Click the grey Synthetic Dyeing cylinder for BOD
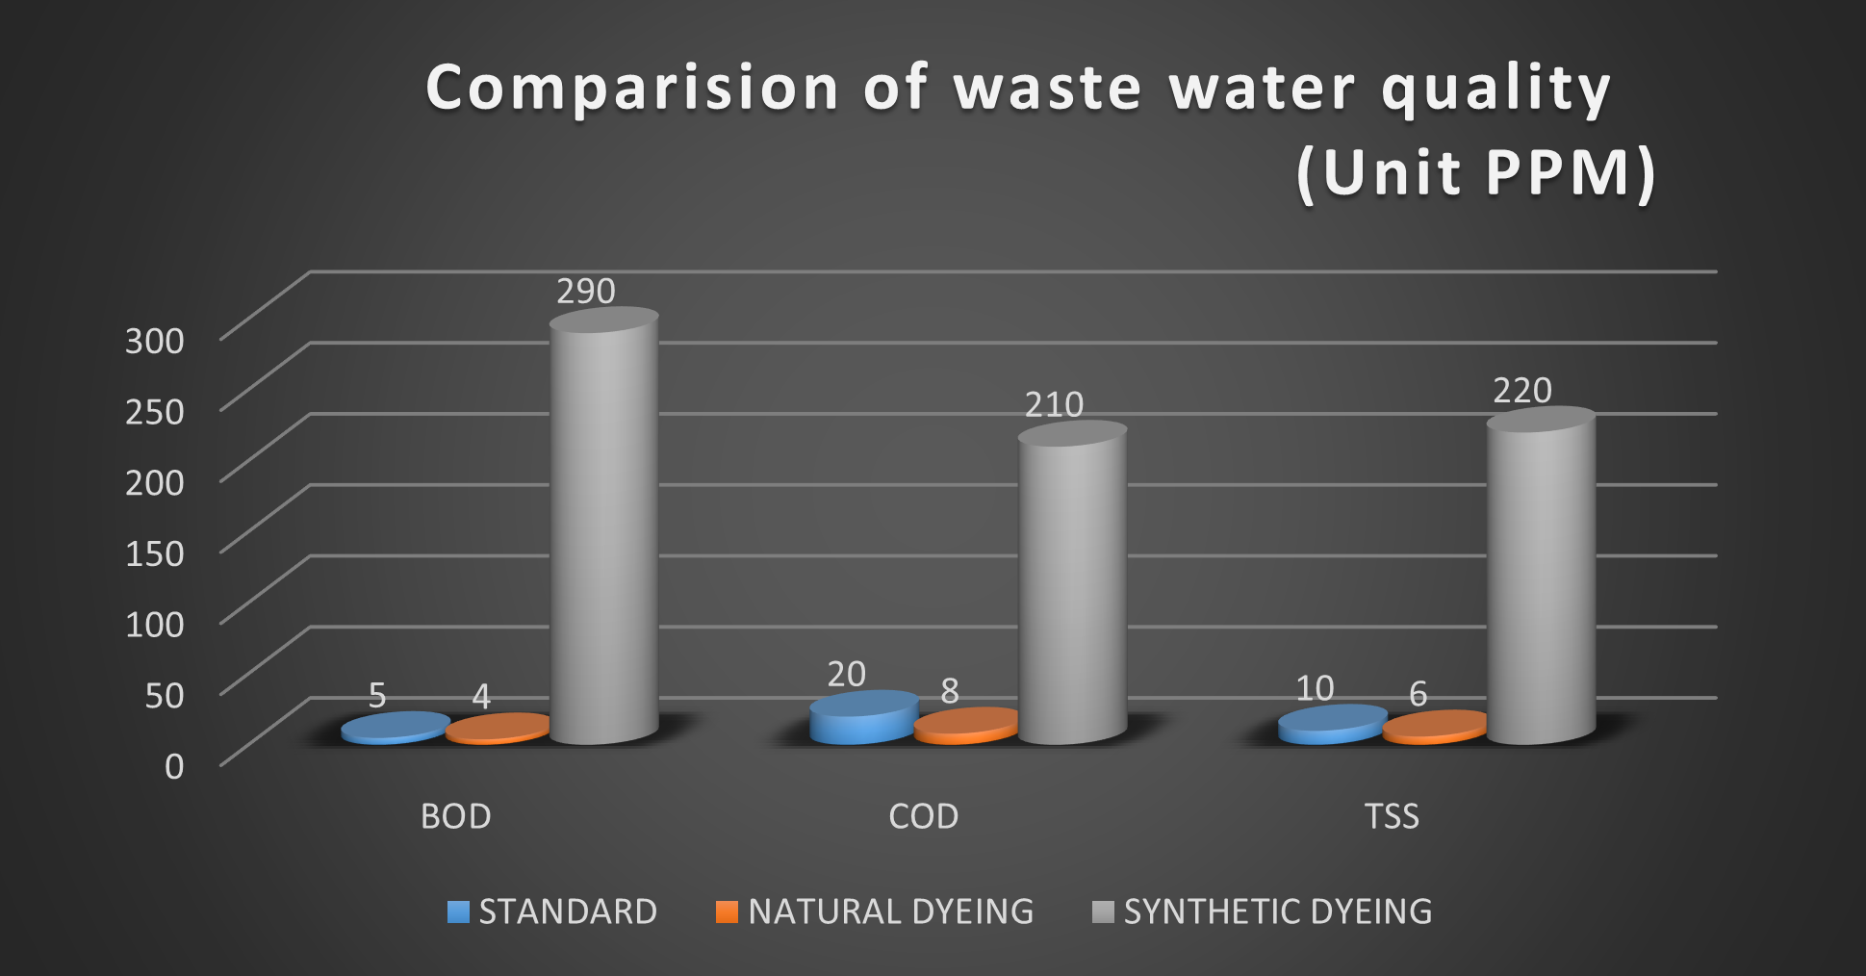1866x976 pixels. (x=604, y=529)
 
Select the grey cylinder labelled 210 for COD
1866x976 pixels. (x=1072, y=587)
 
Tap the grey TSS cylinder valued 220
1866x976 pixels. (x=1541, y=578)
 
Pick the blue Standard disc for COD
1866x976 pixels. (x=863, y=718)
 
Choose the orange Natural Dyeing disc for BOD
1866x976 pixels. (x=497, y=729)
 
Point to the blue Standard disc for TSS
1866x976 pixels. (x=1332, y=725)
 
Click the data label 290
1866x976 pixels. (x=586, y=291)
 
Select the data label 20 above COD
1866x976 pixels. (x=847, y=674)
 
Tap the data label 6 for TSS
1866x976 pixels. (x=1418, y=693)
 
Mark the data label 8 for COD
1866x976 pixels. (x=950, y=690)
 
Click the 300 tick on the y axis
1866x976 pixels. (x=154, y=341)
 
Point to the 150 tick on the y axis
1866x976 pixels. (x=154, y=553)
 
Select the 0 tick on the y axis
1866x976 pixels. (x=174, y=766)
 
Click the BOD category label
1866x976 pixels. (x=456, y=816)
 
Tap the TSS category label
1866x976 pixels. (x=1392, y=816)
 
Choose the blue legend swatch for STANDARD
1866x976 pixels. (x=458, y=912)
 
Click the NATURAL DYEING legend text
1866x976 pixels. (x=890, y=912)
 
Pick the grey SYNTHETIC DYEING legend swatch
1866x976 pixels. (x=1103, y=912)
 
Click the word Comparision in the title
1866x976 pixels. (x=633, y=89)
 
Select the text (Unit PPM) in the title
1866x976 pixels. (x=1476, y=173)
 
